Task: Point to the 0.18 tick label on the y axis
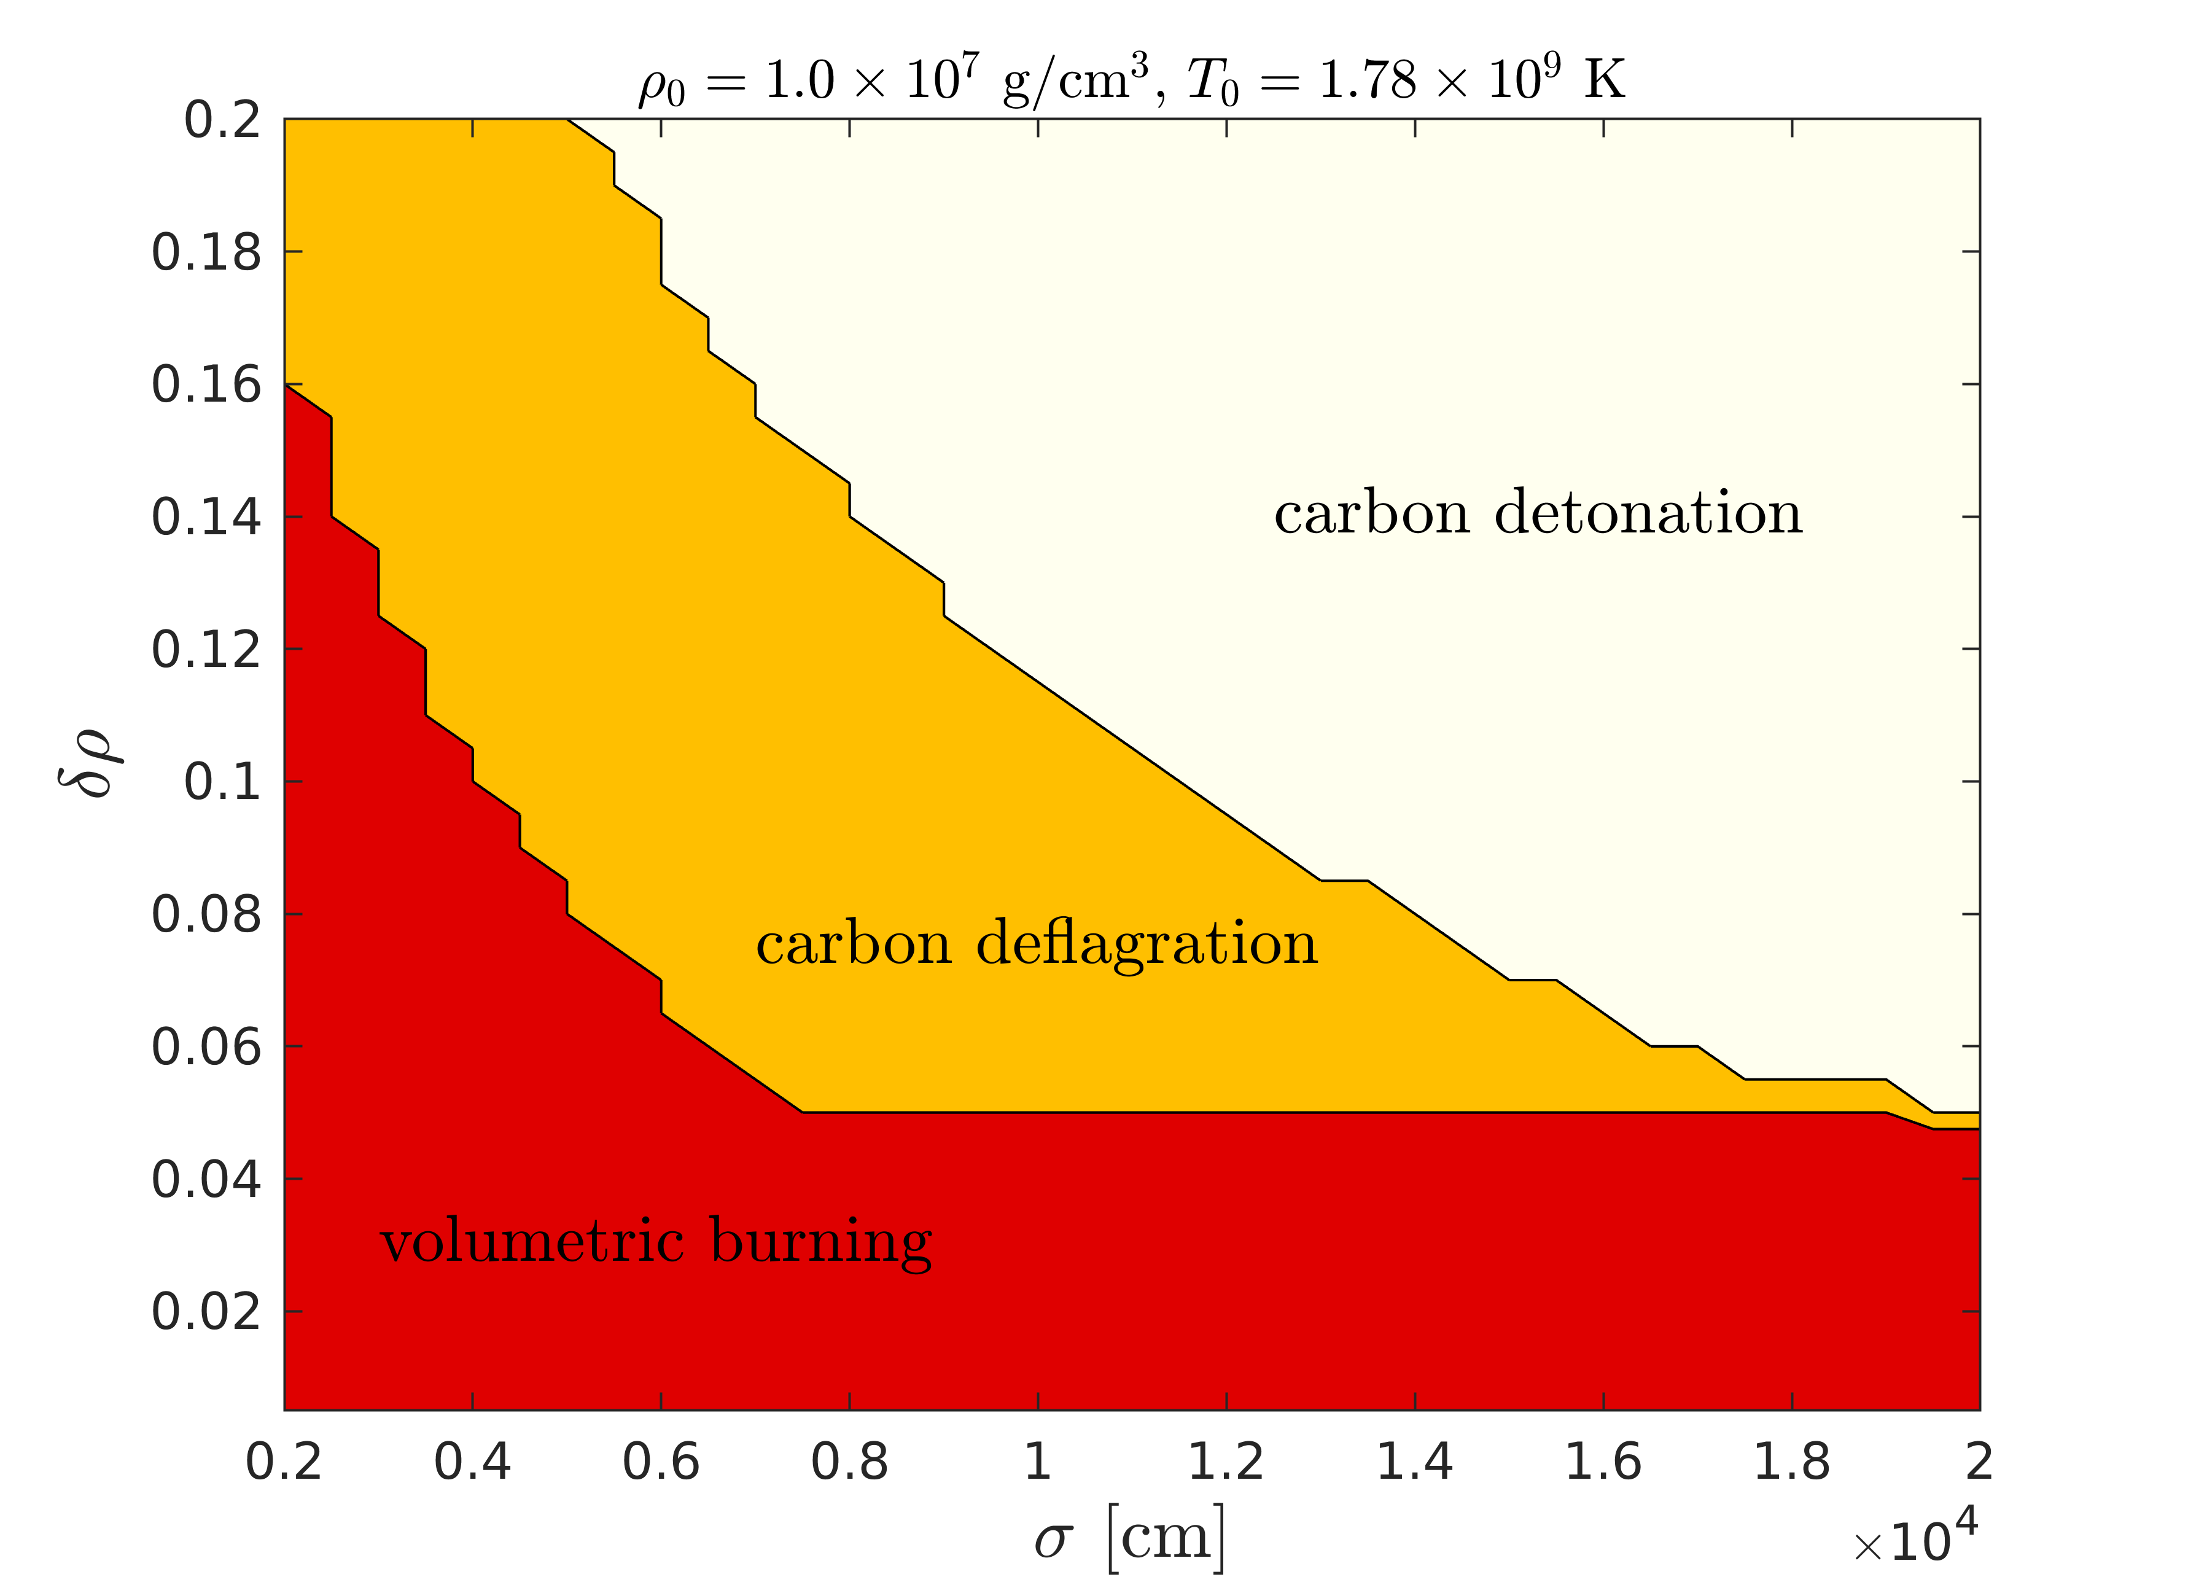pyautogui.click(x=206, y=253)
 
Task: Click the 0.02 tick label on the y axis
pyautogui.click(x=206, y=1312)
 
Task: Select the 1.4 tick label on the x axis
pyautogui.click(x=1414, y=1462)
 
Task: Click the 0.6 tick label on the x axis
pyautogui.click(x=661, y=1462)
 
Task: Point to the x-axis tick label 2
pyautogui.click(x=1979, y=1462)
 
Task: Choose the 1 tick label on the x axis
pyautogui.click(x=1038, y=1462)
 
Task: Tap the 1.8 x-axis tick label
pyautogui.click(x=1791, y=1462)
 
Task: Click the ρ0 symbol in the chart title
pyautogui.click(x=662, y=85)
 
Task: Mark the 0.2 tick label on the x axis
pyautogui.click(x=284, y=1462)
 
